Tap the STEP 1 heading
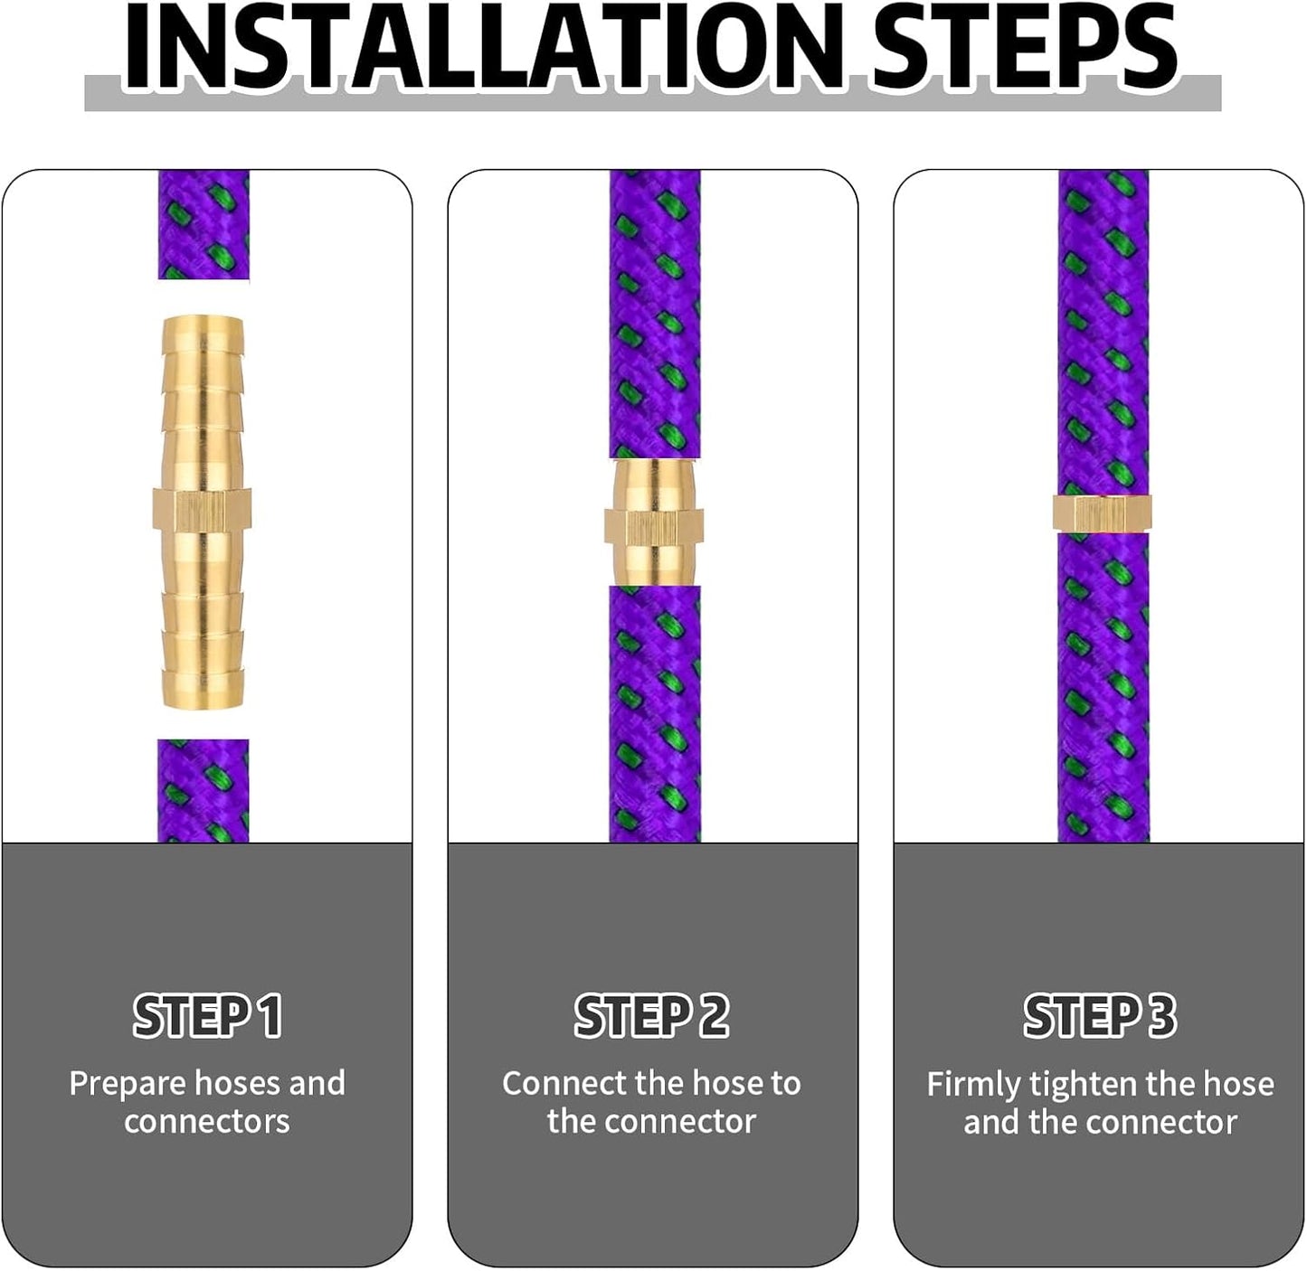[207, 1016]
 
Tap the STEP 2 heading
[651, 1016]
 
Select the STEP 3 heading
[1100, 1016]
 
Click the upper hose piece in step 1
[204, 224]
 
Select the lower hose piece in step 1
[204, 790]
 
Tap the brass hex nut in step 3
[1103, 514]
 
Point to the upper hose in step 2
[655, 315]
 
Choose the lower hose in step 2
[655, 714]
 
